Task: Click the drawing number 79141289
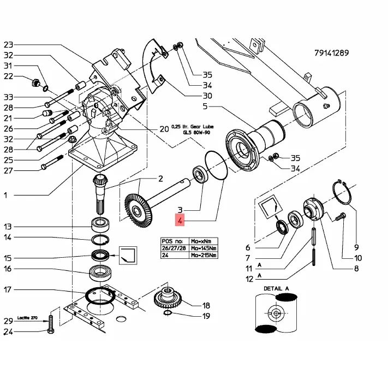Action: (x=331, y=53)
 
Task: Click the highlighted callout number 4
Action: (x=179, y=221)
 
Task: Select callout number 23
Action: (x=8, y=44)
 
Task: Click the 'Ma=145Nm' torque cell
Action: (x=203, y=247)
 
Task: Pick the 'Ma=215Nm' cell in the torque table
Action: (x=203, y=255)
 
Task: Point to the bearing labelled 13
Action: (x=100, y=223)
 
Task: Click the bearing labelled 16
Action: (x=100, y=271)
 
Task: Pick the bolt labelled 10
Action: (x=339, y=217)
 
